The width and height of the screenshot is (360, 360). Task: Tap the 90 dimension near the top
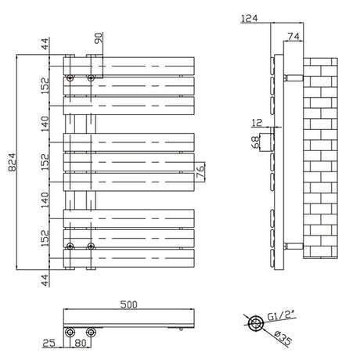click(x=99, y=40)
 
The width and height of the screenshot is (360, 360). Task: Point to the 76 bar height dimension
click(x=201, y=171)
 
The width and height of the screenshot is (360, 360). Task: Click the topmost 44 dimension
click(x=45, y=44)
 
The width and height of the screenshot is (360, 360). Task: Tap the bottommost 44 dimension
click(x=45, y=279)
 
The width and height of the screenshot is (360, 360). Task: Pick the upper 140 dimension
click(x=45, y=121)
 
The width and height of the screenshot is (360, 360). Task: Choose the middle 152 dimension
click(x=45, y=161)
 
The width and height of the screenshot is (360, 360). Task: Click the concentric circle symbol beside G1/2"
click(x=254, y=323)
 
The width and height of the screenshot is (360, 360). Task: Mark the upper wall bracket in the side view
click(x=291, y=77)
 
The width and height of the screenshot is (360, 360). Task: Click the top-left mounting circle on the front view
click(x=70, y=78)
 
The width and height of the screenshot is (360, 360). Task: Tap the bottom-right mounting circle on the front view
click(x=91, y=247)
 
